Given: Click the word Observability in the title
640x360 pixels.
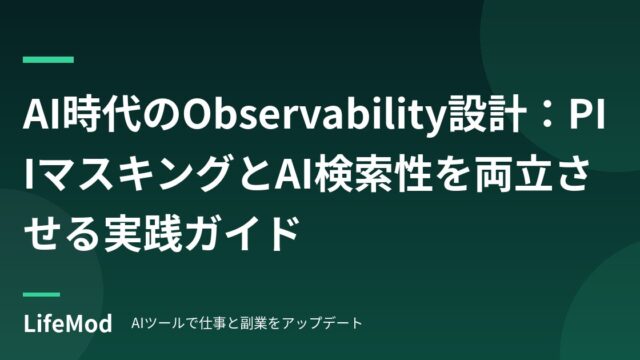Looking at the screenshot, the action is (314, 116).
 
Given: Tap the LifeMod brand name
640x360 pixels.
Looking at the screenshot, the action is (68, 324).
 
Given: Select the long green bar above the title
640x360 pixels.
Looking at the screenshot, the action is (48, 60).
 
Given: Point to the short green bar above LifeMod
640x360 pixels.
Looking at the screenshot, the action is (41, 294).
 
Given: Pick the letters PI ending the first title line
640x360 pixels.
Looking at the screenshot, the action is (587, 116).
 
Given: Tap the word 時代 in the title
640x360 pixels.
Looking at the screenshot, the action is (103, 116).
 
